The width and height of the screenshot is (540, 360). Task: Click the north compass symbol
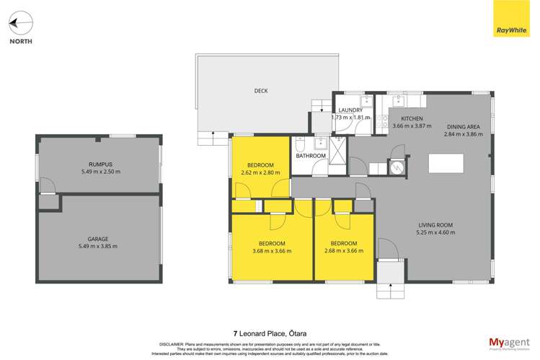click(20, 24)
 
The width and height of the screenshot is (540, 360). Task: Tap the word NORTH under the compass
click(20, 42)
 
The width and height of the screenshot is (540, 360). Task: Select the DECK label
click(261, 91)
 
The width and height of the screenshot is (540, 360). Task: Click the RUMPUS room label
click(99, 164)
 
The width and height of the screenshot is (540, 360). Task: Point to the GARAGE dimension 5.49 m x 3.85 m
click(99, 246)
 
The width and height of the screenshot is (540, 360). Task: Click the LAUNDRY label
click(350, 110)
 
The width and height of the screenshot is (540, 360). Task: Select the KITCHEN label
click(412, 118)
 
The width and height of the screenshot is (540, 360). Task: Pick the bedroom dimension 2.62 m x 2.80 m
click(260, 172)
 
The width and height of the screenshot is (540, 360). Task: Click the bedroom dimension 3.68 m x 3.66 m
click(272, 250)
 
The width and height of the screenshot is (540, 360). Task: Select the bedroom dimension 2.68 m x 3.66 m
click(344, 250)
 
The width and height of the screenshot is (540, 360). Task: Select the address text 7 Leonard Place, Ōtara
click(269, 333)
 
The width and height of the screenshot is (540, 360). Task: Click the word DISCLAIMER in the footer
click(164, 344)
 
